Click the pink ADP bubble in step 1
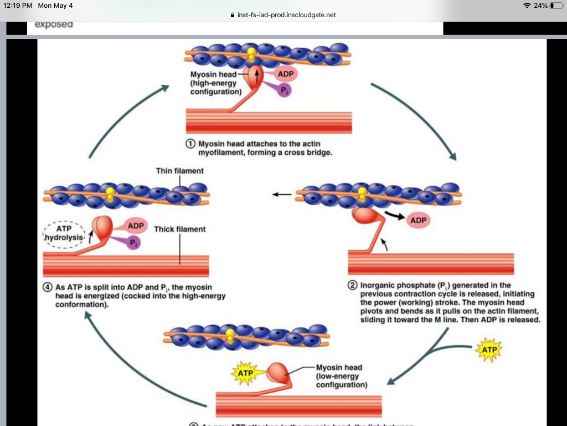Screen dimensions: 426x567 pyautogui.click(x=283, y=74)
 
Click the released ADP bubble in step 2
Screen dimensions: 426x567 pyautogui.click(x=418, y=220)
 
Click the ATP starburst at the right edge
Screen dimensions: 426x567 pyautogui.click(x=489, y=350)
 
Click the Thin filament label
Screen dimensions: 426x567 pyautogui.click(x=179, y=171)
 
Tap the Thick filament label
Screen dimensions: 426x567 pyautogui.click(x=179, y=229)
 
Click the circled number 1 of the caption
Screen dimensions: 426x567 pyautogui.click(x=190, y=143)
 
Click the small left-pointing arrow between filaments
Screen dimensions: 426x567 pyautogui.click(x=281, y=195)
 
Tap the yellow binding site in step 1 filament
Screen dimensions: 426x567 pyautogui.click(x=251, y=54)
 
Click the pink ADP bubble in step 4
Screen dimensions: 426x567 pyautogui.click(x=136, y=226)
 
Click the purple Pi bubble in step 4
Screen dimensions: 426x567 pyautogui.click(x=133, y=242)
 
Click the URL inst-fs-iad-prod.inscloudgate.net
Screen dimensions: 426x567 pyautogui.click(x=286, y=15)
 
